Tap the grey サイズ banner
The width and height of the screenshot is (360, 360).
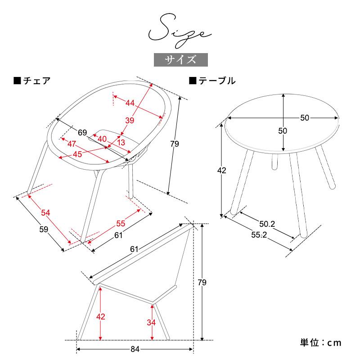point(181,60)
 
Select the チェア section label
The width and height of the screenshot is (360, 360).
point(32,81)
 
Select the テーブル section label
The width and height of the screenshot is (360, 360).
point(212,81)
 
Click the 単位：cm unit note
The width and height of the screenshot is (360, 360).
point(320,343)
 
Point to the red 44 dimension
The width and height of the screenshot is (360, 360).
point(130,103)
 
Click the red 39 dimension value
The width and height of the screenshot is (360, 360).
point(130,120)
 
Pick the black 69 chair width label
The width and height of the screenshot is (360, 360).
point(82,132)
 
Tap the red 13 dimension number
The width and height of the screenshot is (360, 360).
point(121,142)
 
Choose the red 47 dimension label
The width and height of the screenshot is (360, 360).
point(72,144)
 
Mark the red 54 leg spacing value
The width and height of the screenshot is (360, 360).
point(45,213)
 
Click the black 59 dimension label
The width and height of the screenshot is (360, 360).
point(44,229)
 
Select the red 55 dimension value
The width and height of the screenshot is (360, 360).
point(121,223)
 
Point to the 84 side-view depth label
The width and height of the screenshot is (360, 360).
point(135,349)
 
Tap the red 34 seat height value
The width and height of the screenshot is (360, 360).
point(151,323)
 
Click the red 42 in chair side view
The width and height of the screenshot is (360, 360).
point(101,317)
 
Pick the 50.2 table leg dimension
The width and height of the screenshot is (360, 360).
point(267,224)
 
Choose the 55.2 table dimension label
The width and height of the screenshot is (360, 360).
point(259,234)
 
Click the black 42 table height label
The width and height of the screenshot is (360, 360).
point(222,171)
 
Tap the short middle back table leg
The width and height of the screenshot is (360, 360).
point(274,162)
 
